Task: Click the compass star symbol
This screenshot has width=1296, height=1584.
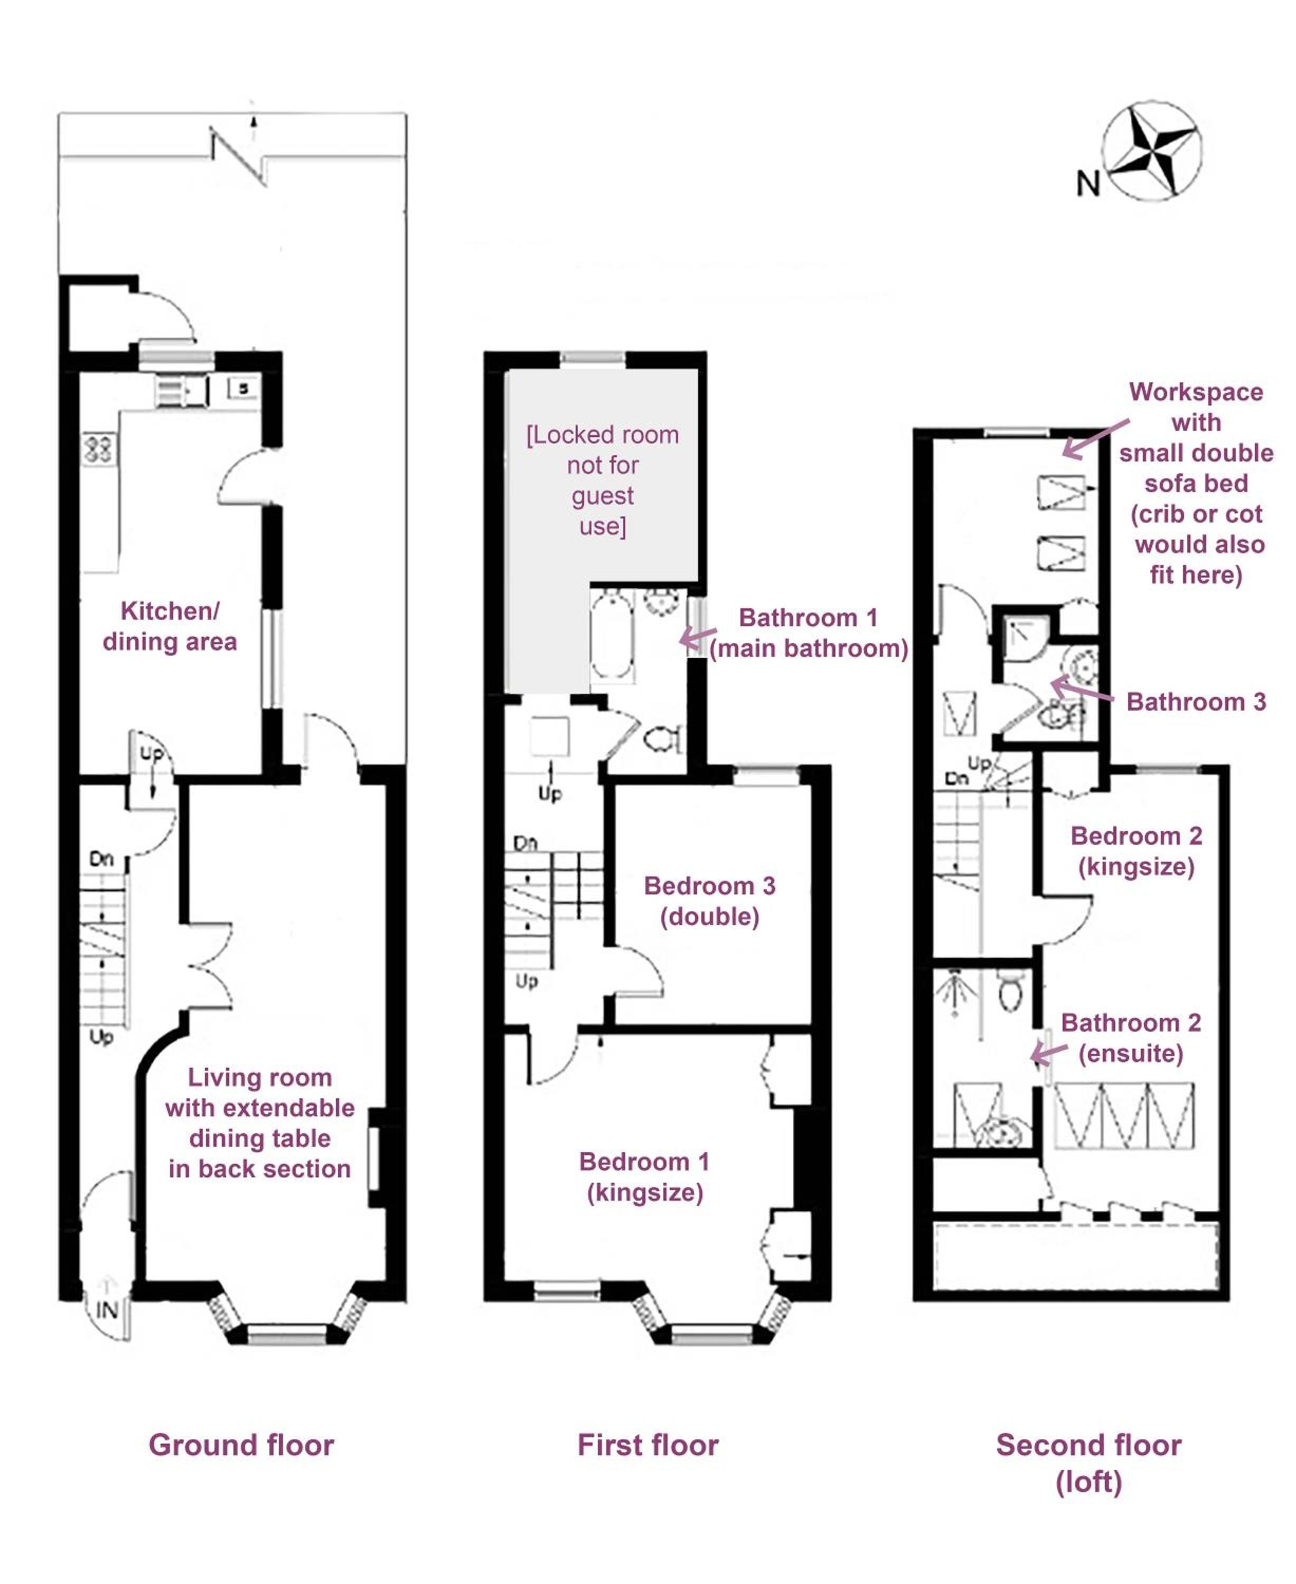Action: click(x=1152, y=151)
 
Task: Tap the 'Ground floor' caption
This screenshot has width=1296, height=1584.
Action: click(x=241, y=1445)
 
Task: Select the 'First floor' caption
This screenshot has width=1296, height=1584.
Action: click(x=647, y=1445)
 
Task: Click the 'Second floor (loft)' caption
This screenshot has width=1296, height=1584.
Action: click(x=1088, y=1464)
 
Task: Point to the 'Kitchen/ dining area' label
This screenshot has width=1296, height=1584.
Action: click(x=170, y=626)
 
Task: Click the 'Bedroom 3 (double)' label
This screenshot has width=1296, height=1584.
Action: click(x=709, y=901)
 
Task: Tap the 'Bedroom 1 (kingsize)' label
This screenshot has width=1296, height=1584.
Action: click(x=644, y=1177)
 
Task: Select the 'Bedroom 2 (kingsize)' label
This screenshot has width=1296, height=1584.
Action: click(x=1136, y=851)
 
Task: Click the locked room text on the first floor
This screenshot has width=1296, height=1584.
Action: click(x=603, y=480)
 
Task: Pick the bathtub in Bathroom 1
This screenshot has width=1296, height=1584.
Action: click(x=612, y=635)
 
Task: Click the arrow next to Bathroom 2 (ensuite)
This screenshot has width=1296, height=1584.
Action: click(x=1049, y=1053)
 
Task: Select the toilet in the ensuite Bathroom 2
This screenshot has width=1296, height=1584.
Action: click(x=1011, y=991)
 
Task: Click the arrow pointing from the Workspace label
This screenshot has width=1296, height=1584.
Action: click(x=1095, y=438)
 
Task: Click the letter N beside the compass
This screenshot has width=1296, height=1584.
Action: click(x=1088, y=183)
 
